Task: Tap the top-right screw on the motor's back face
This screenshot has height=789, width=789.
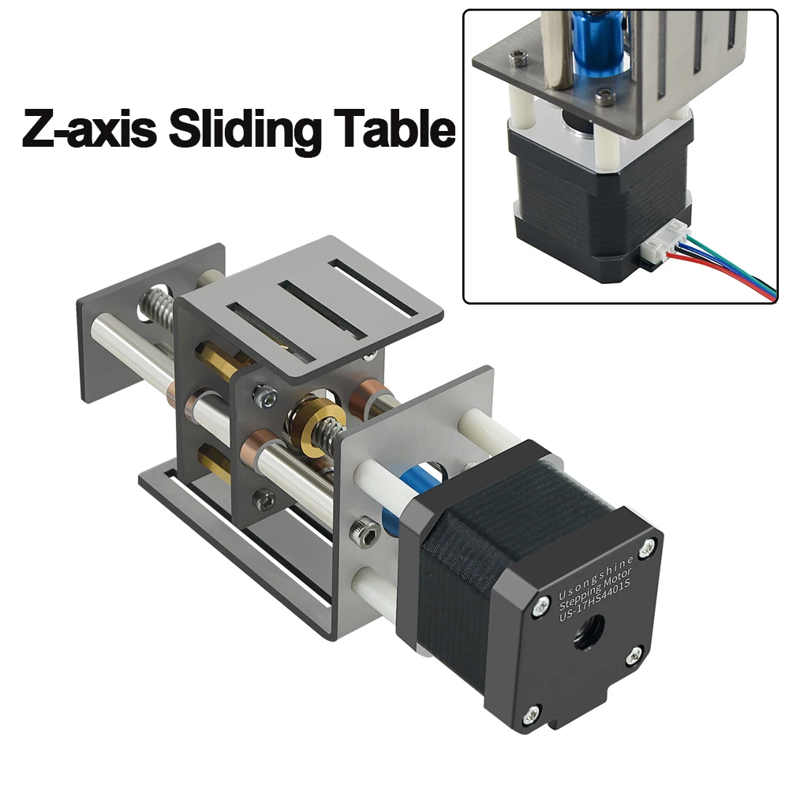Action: point(647,546)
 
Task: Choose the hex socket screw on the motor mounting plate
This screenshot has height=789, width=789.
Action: point(363,535)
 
